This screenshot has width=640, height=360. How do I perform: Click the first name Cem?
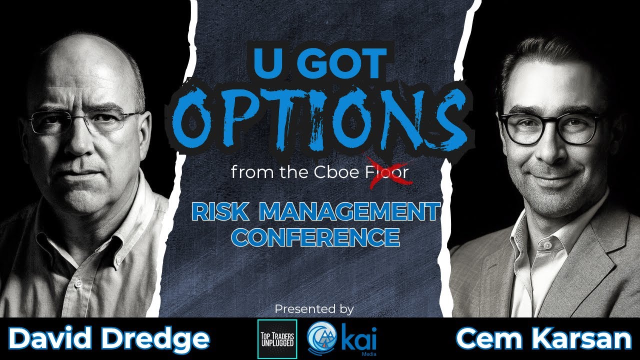pyautogui.click(x=488, y=339)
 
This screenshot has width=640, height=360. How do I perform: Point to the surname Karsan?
pyautogui.click(x=582, y=339)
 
